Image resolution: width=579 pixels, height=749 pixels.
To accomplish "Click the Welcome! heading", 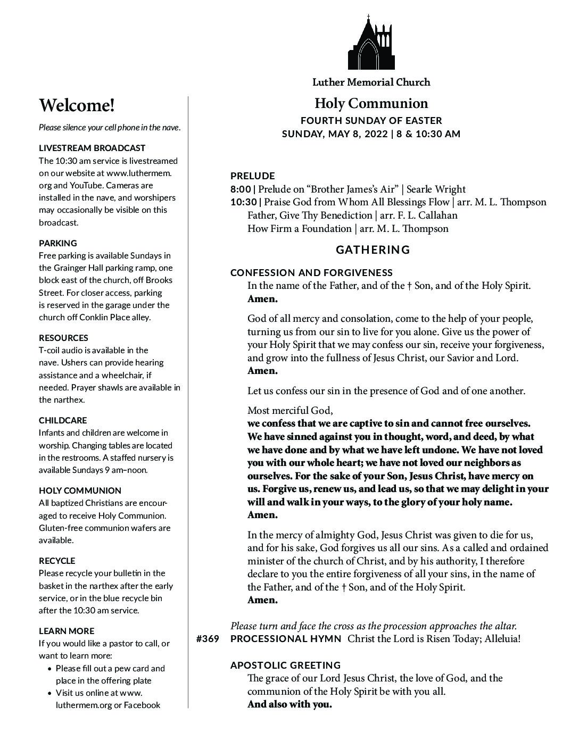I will pos(77,105).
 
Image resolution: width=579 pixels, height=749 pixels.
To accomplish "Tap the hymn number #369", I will pos(208,639).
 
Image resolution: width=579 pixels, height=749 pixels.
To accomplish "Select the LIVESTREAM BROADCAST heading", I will pos(92,148).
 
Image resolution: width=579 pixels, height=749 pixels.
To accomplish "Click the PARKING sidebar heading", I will pos(57,243).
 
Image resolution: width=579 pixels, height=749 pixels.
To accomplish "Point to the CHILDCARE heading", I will pos(62,420).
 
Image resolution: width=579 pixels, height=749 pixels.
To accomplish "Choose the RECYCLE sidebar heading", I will pos(57,561).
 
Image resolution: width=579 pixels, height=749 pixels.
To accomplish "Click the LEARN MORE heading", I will pos(67,631).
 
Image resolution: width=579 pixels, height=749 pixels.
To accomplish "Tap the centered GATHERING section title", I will pos(373,249).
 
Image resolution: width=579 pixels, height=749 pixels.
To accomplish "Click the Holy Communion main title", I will pos(371,103).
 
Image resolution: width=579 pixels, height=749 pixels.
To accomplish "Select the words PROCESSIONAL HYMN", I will pos(286,639).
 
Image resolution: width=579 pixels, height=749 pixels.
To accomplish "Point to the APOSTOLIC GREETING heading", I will pos(285,665).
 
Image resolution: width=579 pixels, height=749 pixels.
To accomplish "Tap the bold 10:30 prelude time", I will pos(243,202).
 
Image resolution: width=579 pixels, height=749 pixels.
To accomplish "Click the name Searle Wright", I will pos(436,189).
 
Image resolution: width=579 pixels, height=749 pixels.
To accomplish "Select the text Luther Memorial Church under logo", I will pos(371,82).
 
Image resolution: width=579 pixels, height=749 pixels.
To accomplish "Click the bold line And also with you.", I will pos(289,704).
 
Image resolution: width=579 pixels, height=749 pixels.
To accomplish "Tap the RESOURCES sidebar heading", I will pos(63,338).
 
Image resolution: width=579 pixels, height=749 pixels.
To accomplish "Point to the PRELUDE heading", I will pos(252,176).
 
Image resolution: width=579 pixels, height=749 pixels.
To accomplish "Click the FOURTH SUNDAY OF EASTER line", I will pos(371,121).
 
